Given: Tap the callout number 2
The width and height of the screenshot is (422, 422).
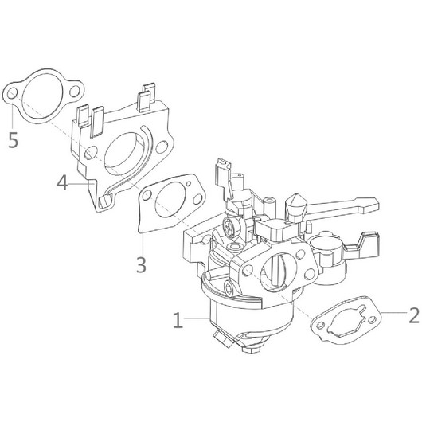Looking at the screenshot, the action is [x=412, y=315].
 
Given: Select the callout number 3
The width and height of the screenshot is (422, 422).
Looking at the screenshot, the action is [x=141, y=264].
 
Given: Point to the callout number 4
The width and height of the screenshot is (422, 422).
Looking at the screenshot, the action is [x=61, y=184].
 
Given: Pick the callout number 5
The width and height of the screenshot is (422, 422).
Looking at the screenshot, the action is [x=12, y=141].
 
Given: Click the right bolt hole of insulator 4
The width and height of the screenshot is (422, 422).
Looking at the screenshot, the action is [x=166, y=147].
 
